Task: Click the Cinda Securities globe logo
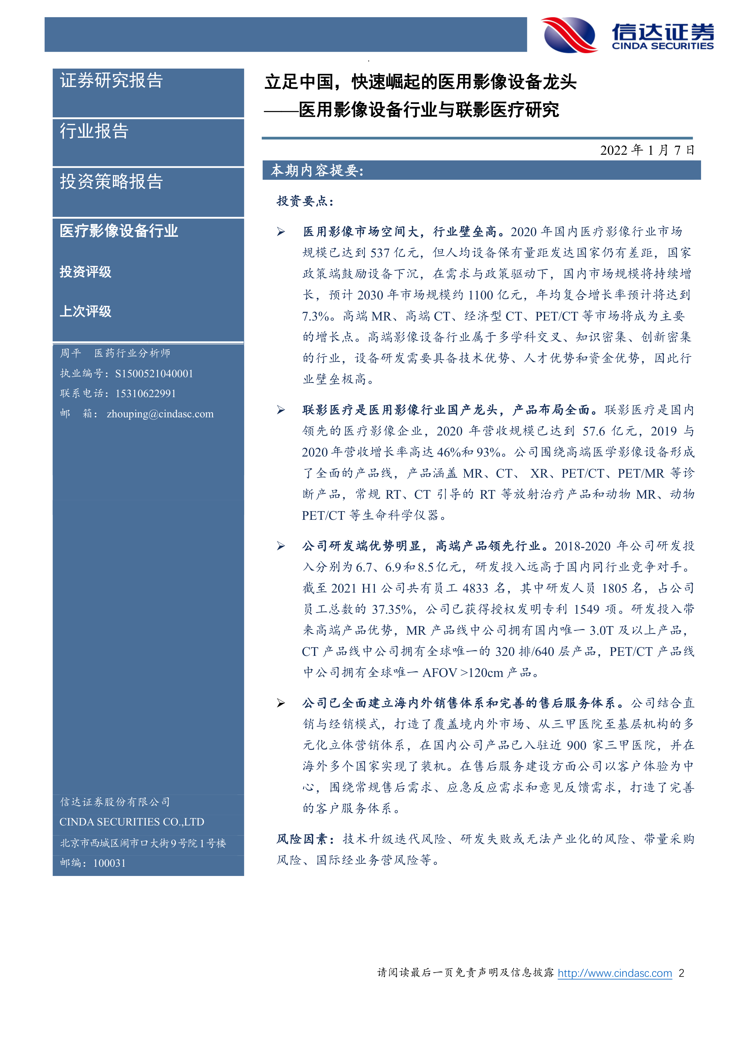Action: (x=569, y=35)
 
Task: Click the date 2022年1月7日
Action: (x=647, y=150)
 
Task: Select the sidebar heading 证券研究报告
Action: (x=111, y=81)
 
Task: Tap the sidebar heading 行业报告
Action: (x=94, y=131)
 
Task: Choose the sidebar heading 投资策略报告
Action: (x=111, y=181)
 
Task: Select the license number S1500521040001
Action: (x=154, y=373)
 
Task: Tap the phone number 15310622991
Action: (x=145, y=394)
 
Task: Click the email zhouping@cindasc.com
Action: (x=160, y=414)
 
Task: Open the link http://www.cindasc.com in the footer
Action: (x=615, y=973)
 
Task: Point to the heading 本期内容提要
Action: (x=317, y=170)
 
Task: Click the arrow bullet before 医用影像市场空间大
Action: (x=281, y=232)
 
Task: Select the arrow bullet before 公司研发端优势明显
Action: (x=281, y=546)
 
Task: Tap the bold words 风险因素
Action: (x=302, y=839)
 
